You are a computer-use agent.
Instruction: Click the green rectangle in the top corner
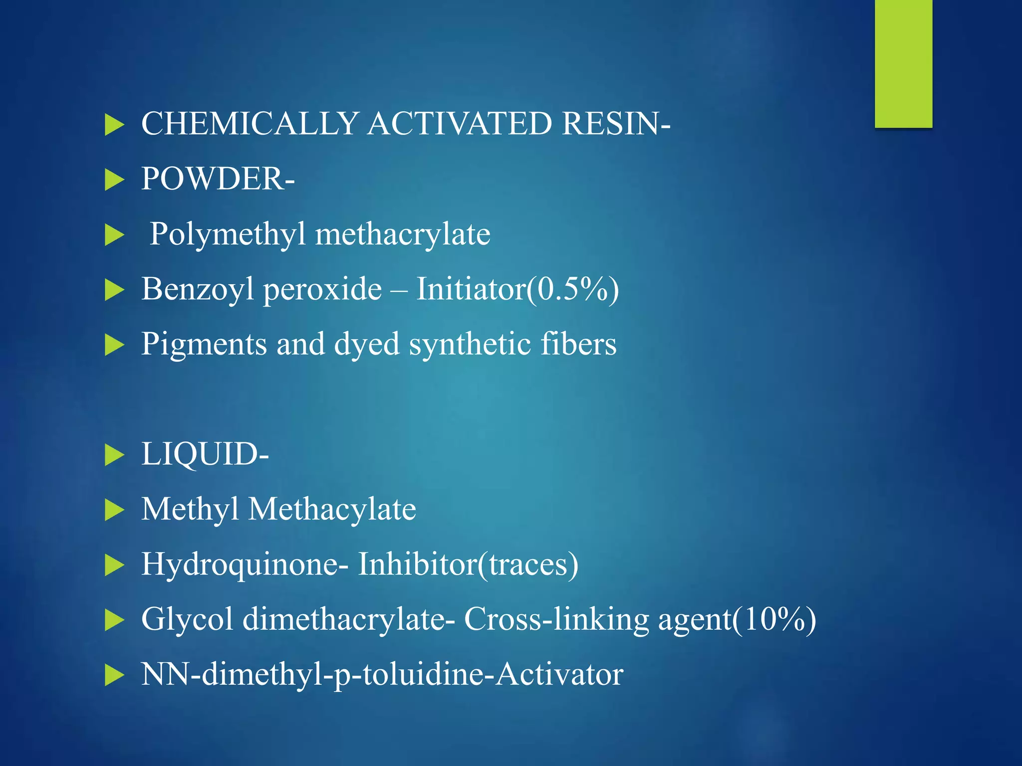[x=903, y=64]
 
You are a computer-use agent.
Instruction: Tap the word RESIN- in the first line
[x=616, y=123]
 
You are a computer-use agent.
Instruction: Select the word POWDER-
[x=218, y=179]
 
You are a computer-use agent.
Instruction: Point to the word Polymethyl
[x=228, y=234]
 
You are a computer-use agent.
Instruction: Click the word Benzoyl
[x=198, y=289]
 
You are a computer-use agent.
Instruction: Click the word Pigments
[x=204, y=345]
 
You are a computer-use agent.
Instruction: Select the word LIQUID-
[x=205, y=454]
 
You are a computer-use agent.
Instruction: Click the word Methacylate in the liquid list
[x=332, y=509]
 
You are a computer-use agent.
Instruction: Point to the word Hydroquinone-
[x=245, y=565]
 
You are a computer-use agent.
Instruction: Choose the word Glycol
[x=187, y=620]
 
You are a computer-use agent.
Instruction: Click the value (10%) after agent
[x=774, y=620]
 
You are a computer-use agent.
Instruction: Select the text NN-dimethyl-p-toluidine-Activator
[x=382, y=675]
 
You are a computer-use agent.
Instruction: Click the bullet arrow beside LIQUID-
[x=114, y=455]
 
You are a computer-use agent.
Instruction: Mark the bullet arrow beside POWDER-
[x=114, y=180]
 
